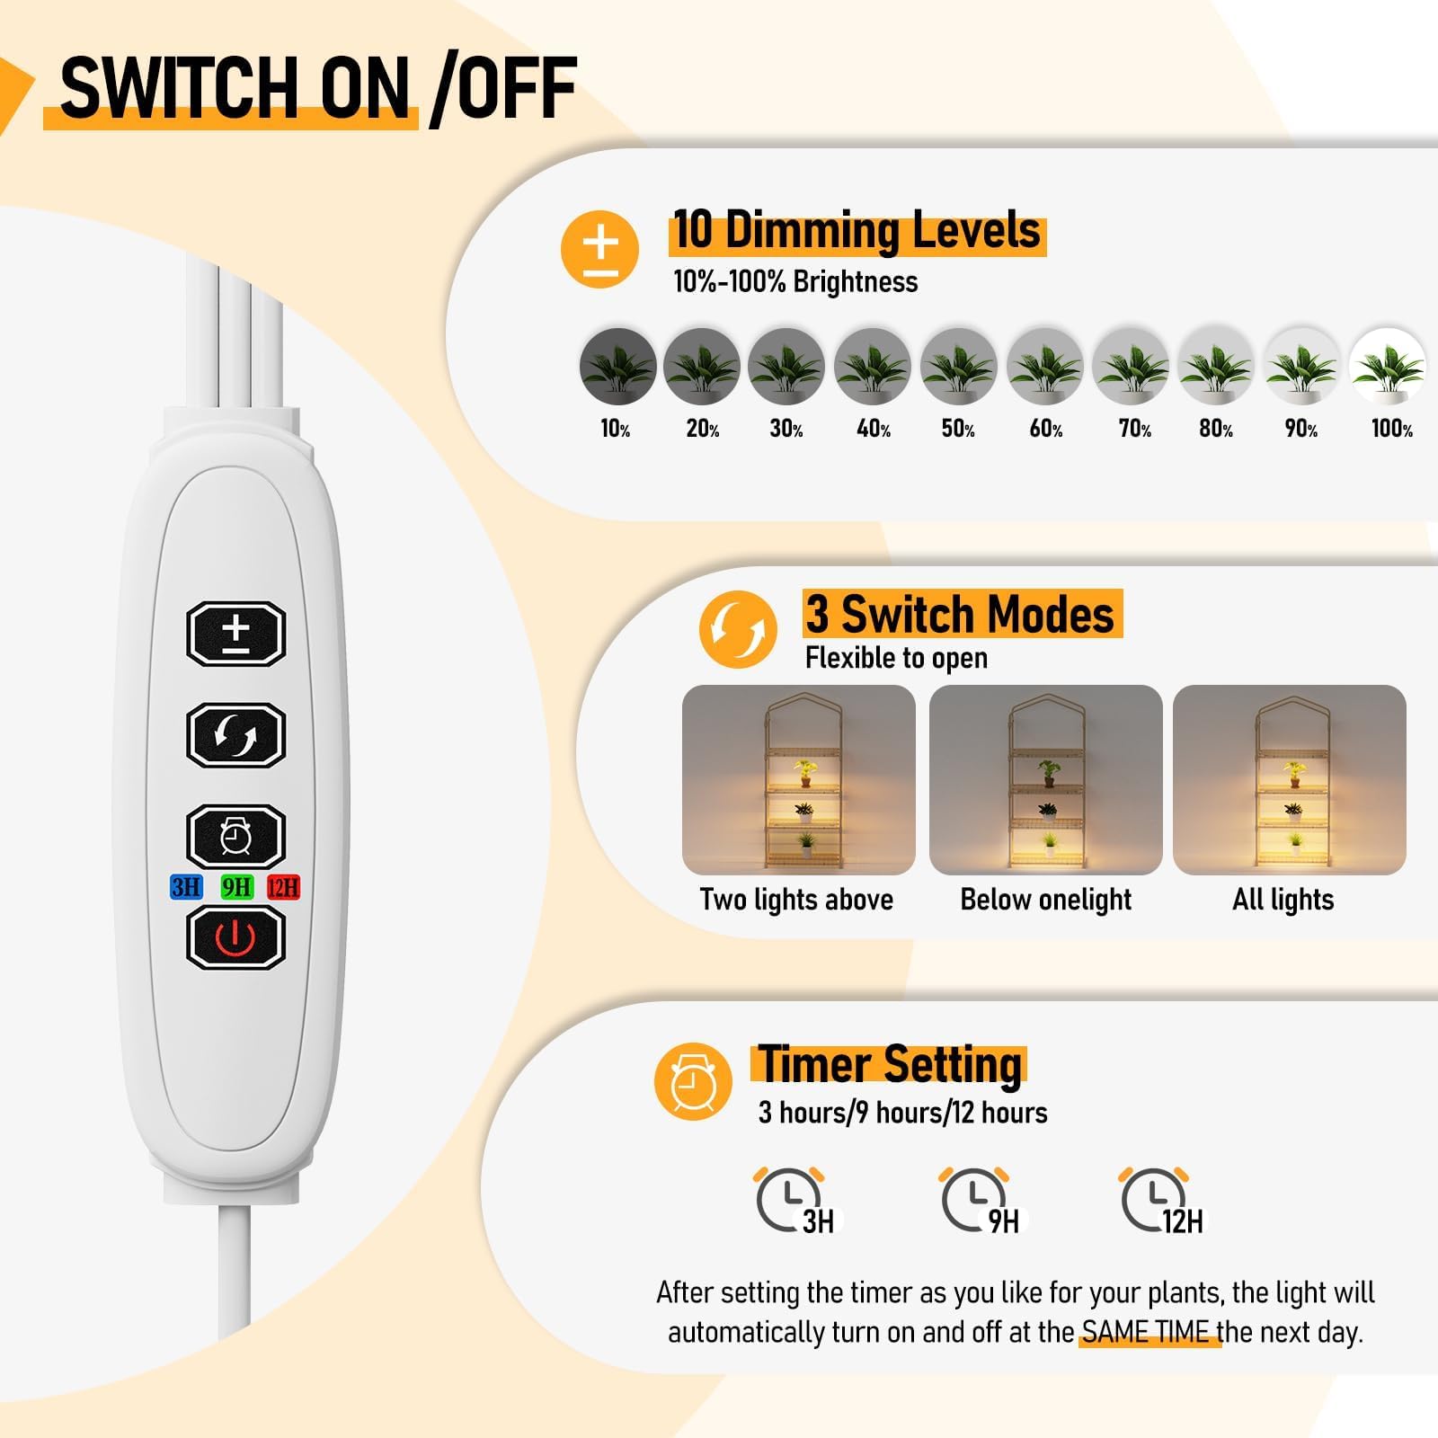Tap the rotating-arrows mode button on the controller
click(235, 735)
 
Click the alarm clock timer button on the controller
click(235, 837)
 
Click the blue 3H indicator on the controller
click(186, 887)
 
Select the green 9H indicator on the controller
click(237, 887)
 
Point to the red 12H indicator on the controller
click(283, 887)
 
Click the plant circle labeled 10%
click(617, 367)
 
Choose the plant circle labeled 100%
click(1387, 367)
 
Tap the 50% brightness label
click(958, 429)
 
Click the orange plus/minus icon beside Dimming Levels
click(599, 249)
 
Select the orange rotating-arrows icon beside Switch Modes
click(738, 629)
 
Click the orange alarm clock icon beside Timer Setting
click(693, 1081)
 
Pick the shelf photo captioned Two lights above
click(798, 779)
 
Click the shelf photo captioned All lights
click(1289, 779)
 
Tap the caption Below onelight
click(1045, 900)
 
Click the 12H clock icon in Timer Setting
click(1161, 1201)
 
